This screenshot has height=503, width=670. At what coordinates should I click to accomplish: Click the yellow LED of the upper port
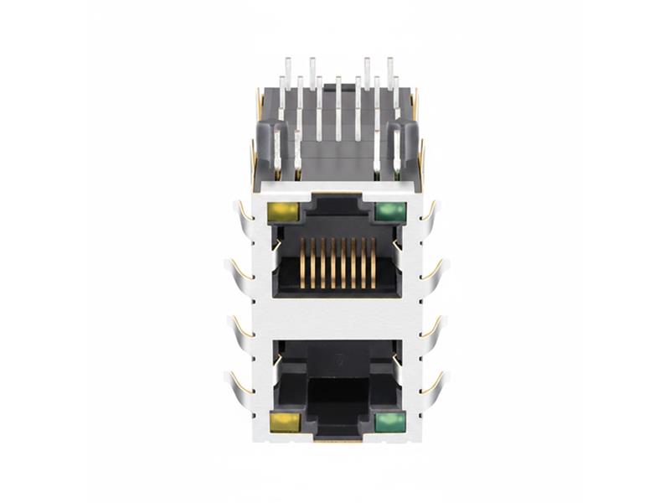(x=283, y=211)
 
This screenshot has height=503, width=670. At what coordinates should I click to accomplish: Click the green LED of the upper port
(x=389, y=211)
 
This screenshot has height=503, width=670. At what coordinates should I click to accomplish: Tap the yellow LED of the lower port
(x=284, y=421)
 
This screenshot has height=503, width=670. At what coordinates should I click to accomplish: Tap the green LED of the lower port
(x=389, y=422)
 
